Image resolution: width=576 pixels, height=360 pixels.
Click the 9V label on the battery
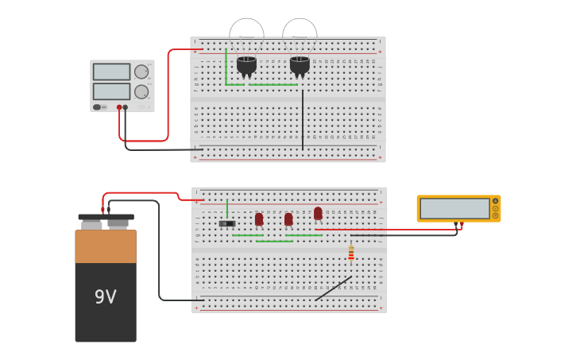coord(106,296)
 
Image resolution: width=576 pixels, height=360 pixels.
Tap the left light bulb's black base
coord(246,64)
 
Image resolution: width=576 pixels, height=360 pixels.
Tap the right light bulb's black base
coord(300,64)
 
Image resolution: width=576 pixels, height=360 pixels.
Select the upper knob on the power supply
coord(141,72)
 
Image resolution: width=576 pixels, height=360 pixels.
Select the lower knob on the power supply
coord(141,91)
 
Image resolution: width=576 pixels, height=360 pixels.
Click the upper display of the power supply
coord(111,72)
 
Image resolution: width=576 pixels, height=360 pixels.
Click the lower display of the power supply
coord(111,91)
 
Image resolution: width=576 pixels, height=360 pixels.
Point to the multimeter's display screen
coord(454,208)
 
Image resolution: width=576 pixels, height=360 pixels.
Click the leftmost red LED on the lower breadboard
coord(259,219)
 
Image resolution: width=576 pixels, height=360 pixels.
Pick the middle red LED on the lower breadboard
coord(288,219)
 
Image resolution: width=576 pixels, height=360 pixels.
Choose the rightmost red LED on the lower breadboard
coord(318,213)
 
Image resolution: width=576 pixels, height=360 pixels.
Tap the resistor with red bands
coord(351,254)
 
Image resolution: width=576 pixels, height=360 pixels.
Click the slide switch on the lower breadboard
coord(227,223)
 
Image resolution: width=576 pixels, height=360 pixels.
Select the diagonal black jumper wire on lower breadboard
coord(333,288)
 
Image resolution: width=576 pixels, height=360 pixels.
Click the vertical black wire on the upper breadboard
coord(302,119)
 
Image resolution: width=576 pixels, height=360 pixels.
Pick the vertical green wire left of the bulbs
coord(226,67)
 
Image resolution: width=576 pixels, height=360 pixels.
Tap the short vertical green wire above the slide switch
coord(227,208)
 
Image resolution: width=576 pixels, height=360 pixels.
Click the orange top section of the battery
coord(106,246)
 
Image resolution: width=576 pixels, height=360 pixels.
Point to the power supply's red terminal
coord(119,107)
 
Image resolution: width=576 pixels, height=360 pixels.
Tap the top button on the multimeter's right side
coord(495,201)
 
